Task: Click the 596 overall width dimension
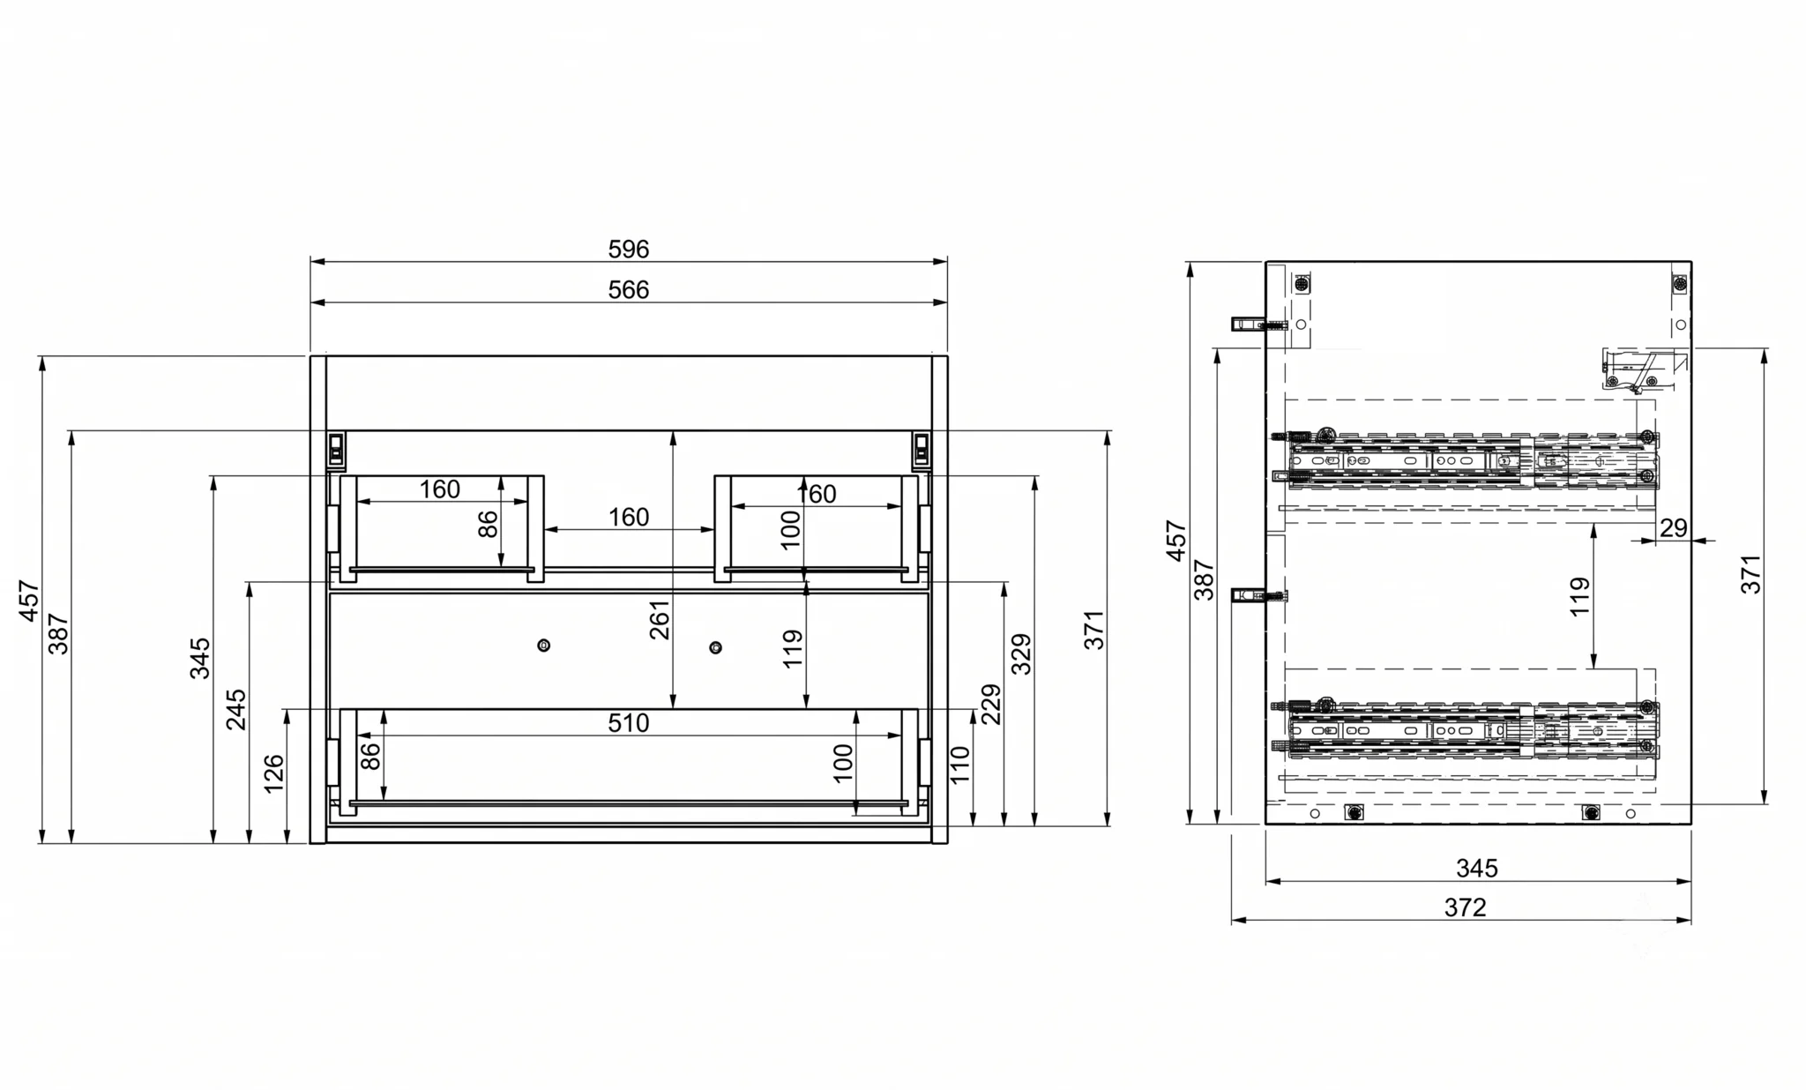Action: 628,250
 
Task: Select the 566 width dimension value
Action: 628,290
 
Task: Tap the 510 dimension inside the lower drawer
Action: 628,723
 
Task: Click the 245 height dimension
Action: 236,710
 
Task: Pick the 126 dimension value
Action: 274,773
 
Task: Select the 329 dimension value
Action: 1020,654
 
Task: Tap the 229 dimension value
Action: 991,704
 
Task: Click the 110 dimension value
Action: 960,765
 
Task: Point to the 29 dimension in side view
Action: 1673,528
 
